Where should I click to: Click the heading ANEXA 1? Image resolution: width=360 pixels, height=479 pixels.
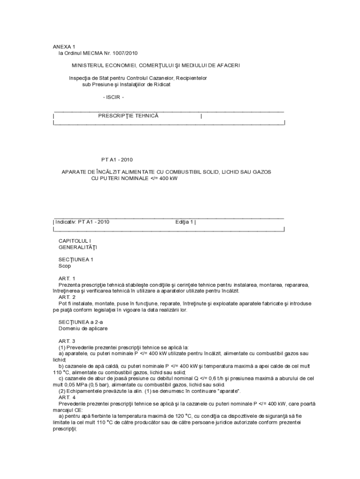(64, 47)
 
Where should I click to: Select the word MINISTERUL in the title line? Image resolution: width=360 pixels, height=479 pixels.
(87, 65)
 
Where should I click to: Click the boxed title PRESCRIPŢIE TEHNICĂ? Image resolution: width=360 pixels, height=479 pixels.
(128, 116)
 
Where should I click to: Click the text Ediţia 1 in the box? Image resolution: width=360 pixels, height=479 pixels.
(184, 222)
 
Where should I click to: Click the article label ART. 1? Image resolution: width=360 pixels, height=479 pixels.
(67, 278)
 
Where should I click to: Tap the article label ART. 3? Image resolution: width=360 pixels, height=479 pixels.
(67, 341)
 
